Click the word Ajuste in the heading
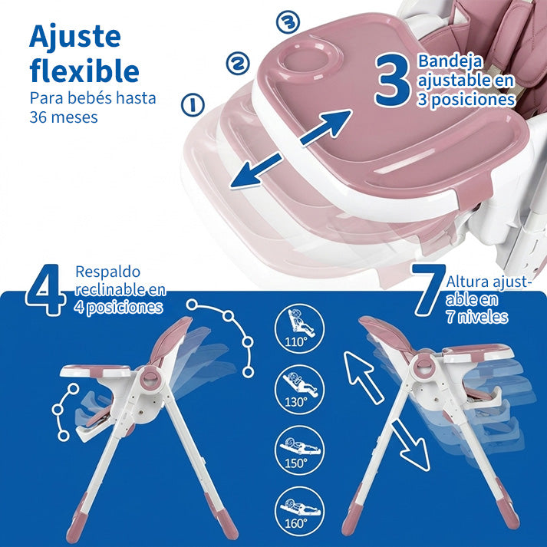(75, 36)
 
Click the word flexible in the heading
(84, 70)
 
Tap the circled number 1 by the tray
(193, 104)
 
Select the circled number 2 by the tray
(238, 63)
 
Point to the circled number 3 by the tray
(288, 21)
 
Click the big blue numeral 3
(393, 80)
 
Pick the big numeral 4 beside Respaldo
(44, 289)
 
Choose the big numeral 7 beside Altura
(428, 289)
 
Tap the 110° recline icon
(299, 328)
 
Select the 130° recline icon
(299, 389)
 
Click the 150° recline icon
(299, 450)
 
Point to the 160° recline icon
(299, 511)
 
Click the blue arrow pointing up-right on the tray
(326, 127)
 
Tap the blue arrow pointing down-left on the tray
(255, 172)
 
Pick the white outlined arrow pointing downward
(410, 446)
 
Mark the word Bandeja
(450, 61)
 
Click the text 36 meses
(64, 117)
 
